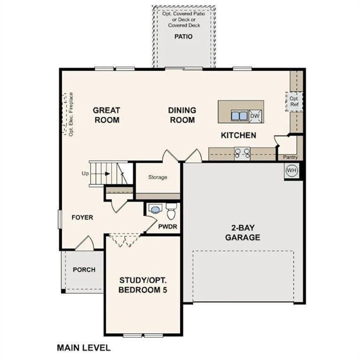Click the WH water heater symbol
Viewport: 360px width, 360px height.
click(x=291, y=170)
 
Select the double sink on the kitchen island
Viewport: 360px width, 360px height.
click(x=239, y=116)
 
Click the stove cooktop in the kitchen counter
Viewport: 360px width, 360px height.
click(x=242, y=154)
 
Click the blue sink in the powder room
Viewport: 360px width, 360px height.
click(x=155, y=209)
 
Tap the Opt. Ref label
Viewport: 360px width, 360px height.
click(x=294, y=102)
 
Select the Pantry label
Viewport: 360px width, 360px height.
click(x=290, y=157)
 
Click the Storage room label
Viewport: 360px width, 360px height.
click(x=158, y=177)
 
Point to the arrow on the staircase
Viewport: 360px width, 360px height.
click(x=107, y=174)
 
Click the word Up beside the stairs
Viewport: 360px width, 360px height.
click(x=85, y=174)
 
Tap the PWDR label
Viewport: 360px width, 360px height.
click(x=168, y=226)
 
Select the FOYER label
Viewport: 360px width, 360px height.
click(x=82, y=217)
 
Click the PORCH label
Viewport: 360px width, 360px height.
click(x=84, y=270)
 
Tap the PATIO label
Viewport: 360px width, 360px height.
click(x=183, y=37)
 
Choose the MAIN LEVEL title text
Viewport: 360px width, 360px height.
click(x=84, y=348)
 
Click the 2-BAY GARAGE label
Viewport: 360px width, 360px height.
click(x=242, y=233)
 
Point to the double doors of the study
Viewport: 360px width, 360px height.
click(x=124, y=240)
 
